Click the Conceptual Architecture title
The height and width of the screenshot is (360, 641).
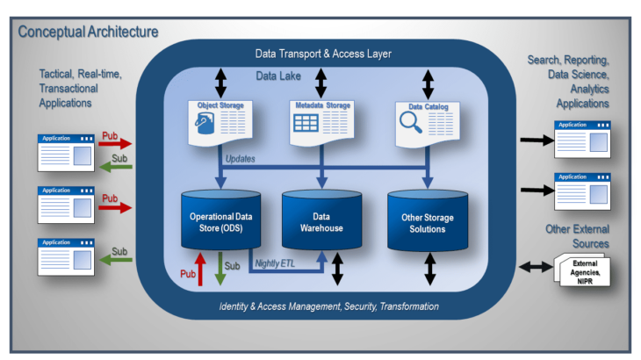click(x=88, y=32)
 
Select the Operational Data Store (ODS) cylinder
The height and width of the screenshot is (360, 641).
click(x=215, y=221)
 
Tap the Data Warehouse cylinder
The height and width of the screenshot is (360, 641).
click(x=320, y=221)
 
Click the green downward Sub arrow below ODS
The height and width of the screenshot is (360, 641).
click(x=221, y=268)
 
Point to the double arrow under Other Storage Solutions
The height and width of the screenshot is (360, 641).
click(x=430, y=268)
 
